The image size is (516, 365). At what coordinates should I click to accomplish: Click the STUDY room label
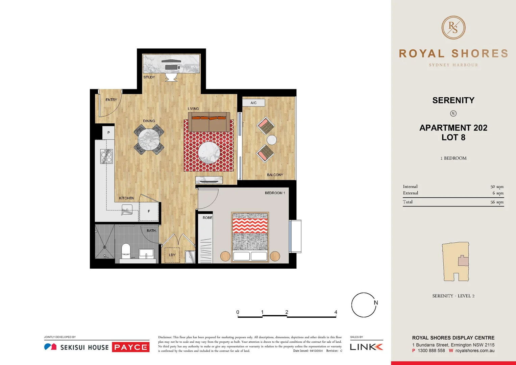point(149,77)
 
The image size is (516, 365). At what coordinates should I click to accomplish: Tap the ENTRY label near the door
point(111,100)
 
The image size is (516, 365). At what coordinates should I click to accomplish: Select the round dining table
point(149,139)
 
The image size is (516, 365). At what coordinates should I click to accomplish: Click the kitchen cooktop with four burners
point(106,156)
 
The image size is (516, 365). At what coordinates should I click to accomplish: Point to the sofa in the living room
point(209,122)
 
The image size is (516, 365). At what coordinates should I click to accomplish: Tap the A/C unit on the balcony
point(253,103)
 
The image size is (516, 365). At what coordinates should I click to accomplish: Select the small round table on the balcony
point(272,140)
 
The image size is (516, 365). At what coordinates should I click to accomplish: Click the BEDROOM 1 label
point(275,193)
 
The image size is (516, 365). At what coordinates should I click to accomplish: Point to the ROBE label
point(207,218)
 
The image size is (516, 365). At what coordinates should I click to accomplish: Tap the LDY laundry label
point(172,255)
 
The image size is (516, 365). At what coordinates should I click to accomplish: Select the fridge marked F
point(149,212)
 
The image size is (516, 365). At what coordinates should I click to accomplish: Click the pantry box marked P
point(108,132)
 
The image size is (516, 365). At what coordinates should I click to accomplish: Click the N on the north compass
point(376,303)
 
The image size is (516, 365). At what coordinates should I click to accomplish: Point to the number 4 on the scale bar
point(336,312)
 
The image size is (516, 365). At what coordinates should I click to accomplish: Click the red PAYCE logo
point(130,347)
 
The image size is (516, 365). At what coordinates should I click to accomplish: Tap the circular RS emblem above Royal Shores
point(453,28)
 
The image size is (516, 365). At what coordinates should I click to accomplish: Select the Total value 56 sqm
point(497,202)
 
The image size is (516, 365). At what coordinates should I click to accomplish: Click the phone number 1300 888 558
point(431,351)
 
